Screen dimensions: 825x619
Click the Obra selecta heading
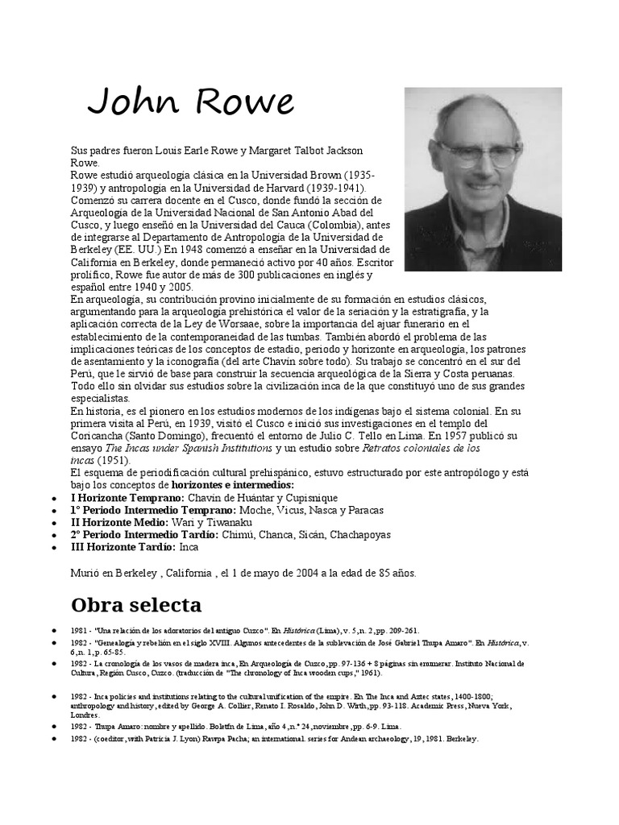(136, 604)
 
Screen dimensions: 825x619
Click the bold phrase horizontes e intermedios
(232, 486)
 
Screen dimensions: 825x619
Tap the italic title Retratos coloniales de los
(422, 448)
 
